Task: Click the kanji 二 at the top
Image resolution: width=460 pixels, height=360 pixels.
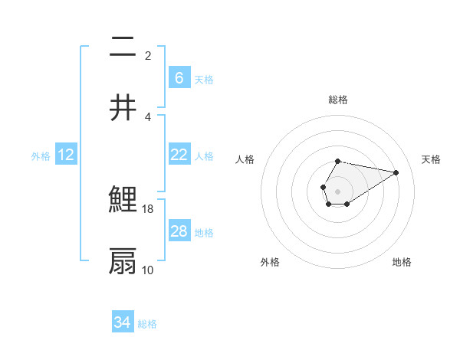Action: [123, 47]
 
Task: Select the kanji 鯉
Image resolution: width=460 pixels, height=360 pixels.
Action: [123, 201]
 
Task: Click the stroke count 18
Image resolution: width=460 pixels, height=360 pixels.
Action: [149, 208]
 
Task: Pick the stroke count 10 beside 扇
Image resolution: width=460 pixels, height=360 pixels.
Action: [149, 270]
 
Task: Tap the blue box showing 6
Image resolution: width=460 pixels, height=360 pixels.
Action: [179, 78]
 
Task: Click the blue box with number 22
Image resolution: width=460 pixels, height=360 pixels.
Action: [179, 155]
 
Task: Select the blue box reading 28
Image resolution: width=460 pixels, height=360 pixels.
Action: [179, 231]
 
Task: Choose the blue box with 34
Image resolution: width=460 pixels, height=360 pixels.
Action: [122, 322]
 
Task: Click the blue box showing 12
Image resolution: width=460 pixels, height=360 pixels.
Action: [65, 155]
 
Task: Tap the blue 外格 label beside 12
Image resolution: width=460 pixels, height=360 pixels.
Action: [41, 155]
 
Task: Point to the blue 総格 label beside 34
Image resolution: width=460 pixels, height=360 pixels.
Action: [147, 324]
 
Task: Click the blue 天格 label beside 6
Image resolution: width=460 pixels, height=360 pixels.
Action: [204, 79]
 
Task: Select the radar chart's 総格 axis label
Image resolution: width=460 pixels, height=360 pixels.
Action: [338, 100]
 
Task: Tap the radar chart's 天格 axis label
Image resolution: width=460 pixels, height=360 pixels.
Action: [432, 159]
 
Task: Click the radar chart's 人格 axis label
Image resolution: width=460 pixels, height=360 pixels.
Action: [245, 159]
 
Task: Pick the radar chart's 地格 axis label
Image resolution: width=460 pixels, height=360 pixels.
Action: [402, 262]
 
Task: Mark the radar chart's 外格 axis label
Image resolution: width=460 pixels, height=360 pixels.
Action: [270, 262]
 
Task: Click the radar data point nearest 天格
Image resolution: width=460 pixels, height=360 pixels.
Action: [396, 172]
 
